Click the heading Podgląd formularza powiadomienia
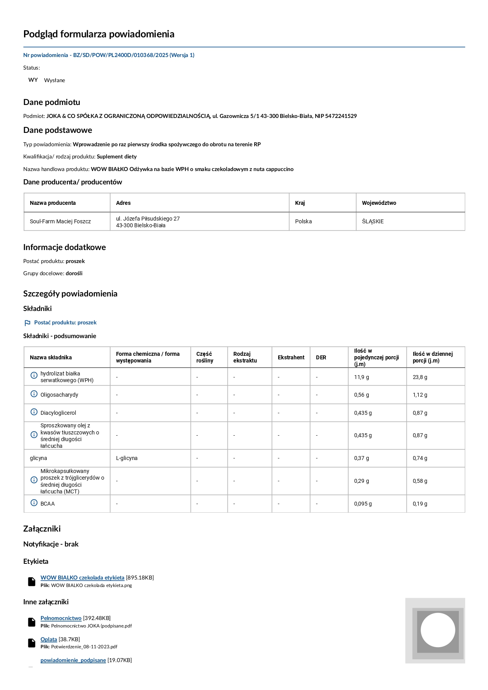[x=99, y=34]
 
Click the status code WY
[x=33, y=80]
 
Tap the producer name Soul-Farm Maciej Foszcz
[x=60, y=221]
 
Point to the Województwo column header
[x=379, y=203]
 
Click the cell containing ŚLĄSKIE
[x=373, y=221]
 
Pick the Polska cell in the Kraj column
[x=303, y=221]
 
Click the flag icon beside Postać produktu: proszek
[x=27, y=323]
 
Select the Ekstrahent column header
[x=291, y=357]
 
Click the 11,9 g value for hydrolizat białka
[x=361, y=377]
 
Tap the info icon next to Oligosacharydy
[x=34, y=394]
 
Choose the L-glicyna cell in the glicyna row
[x=127, y=458]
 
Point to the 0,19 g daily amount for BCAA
[x=420, y=504]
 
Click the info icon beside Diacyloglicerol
[x=34, y=412]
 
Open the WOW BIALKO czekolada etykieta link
[x=82, y=578]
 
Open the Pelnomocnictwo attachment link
[x=61, y=618]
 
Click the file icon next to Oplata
[x=32, y=642]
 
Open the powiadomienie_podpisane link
[x=73, y=660]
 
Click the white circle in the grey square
[x=438, y=630]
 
